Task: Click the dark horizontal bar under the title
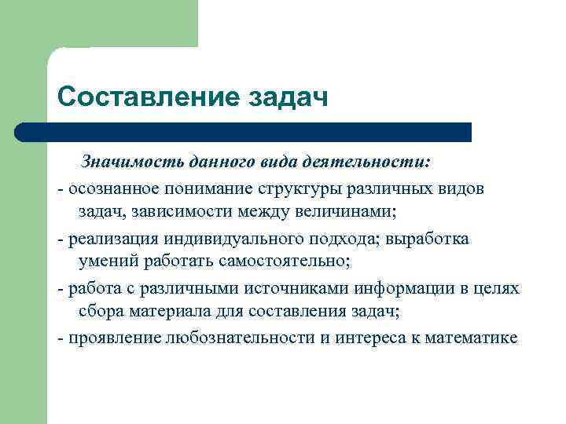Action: point(244,132)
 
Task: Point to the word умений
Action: point(105,261)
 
